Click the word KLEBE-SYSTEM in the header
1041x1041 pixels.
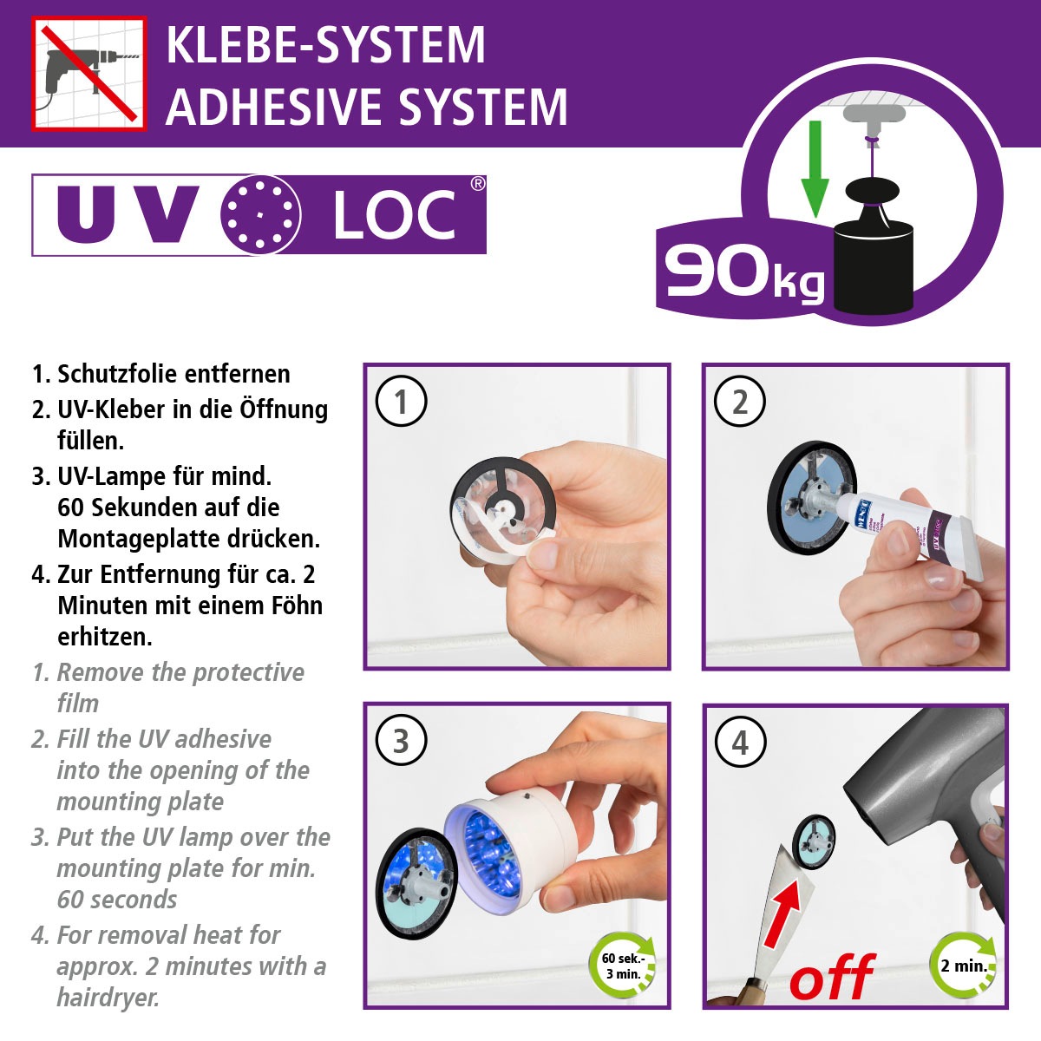tap(325, 45)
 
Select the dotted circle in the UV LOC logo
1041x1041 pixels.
tap(261, 215)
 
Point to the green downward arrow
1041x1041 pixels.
tap(814, 169)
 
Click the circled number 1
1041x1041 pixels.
tap(400, 402)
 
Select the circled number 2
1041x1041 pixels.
tap(739, 402)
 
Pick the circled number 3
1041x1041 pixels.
tap(400, 742)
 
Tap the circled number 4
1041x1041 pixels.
tap(739, 743)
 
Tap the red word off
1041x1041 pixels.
tap(831, 979)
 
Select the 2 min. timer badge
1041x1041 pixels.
tap(963, 966)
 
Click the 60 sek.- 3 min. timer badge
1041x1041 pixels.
tap(623, 966)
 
